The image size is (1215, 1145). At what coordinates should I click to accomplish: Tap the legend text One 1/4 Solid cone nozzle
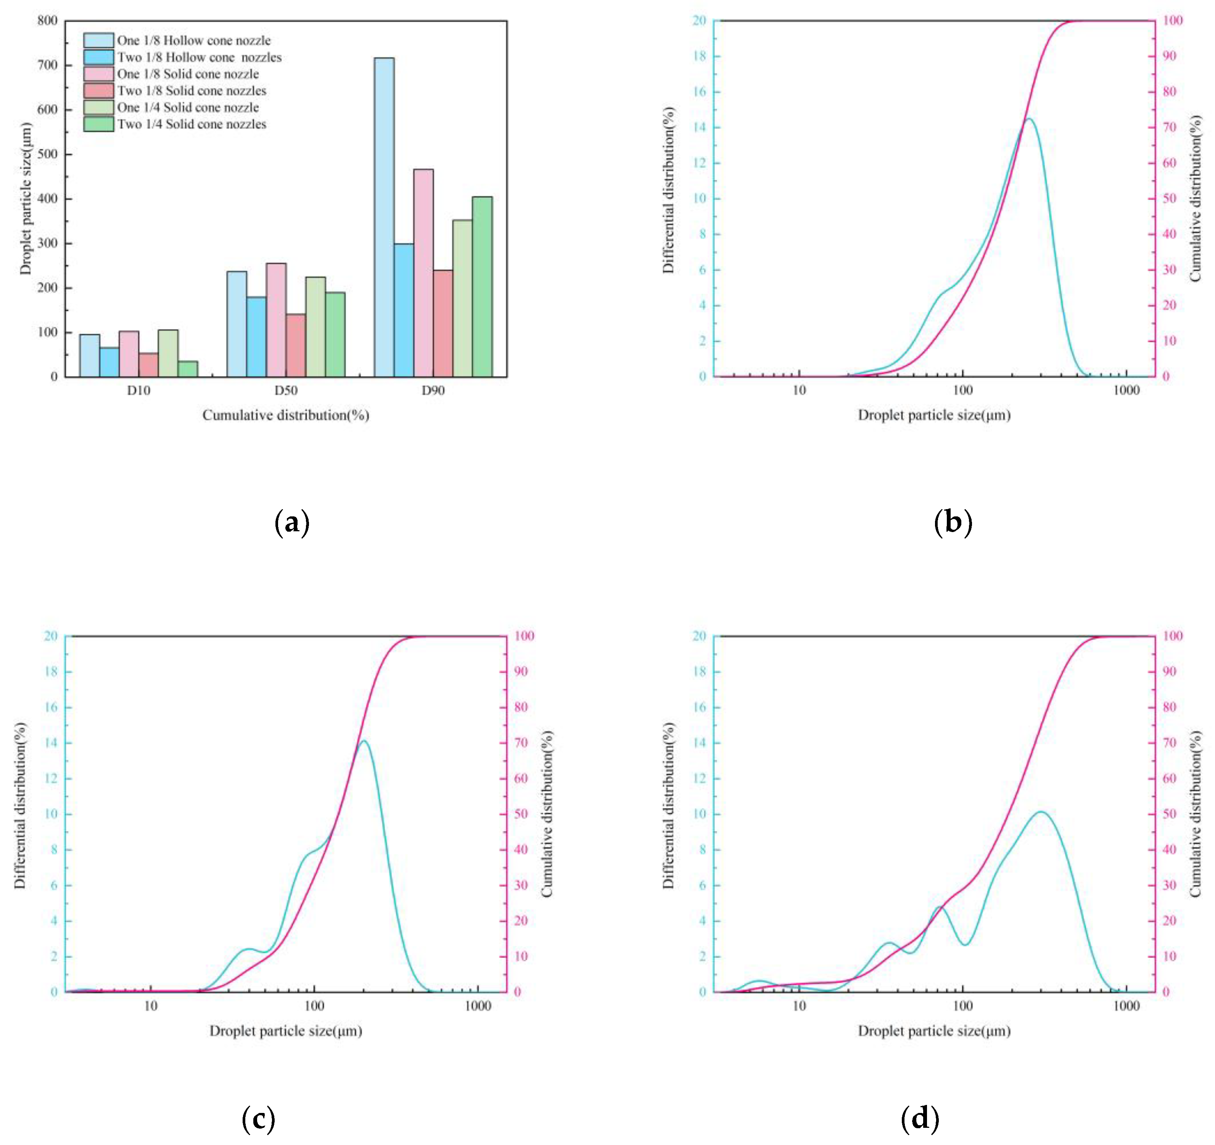tap(188, 108)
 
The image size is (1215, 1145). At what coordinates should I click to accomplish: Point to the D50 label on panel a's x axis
tap(285, 390)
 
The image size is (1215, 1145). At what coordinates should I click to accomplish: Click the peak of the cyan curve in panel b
tap(1029, 119)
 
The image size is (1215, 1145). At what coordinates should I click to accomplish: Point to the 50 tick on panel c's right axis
tap(520, 814)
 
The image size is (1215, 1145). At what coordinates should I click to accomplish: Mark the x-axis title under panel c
tap(285, 1031)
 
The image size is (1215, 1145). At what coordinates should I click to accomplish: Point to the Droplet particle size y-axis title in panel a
tap(26, 199)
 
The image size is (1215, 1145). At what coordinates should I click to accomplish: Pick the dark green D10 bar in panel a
tap(188, 369)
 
